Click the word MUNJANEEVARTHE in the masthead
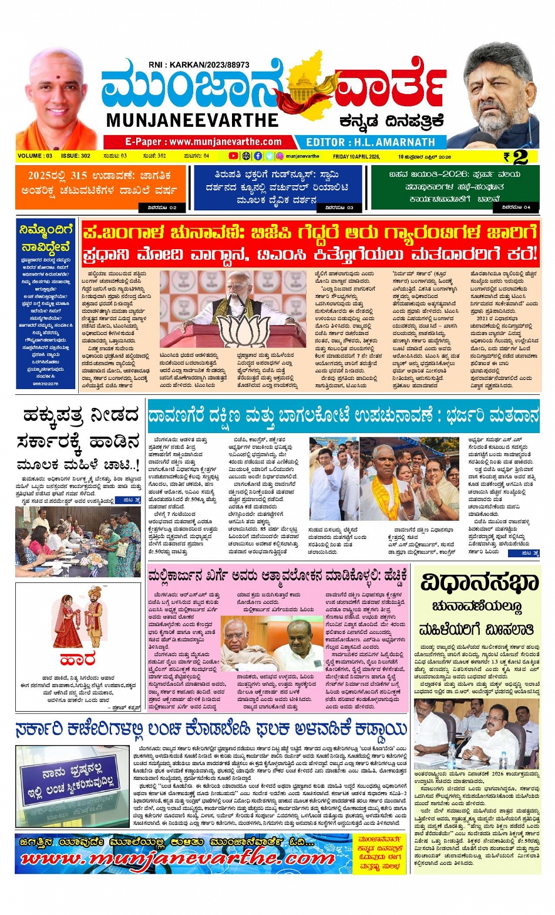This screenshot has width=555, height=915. click(192, 120)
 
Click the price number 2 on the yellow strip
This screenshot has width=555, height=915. click(520, 156)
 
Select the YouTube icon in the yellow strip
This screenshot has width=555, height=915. click(233, 156)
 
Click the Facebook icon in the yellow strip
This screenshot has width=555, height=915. click(258, 156)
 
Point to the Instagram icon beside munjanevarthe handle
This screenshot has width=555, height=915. click(280, 156)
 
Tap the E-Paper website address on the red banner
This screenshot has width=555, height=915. click(203, 142)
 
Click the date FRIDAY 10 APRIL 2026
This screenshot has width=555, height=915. click(356, 156)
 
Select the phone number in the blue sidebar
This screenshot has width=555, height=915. click(46, 383)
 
